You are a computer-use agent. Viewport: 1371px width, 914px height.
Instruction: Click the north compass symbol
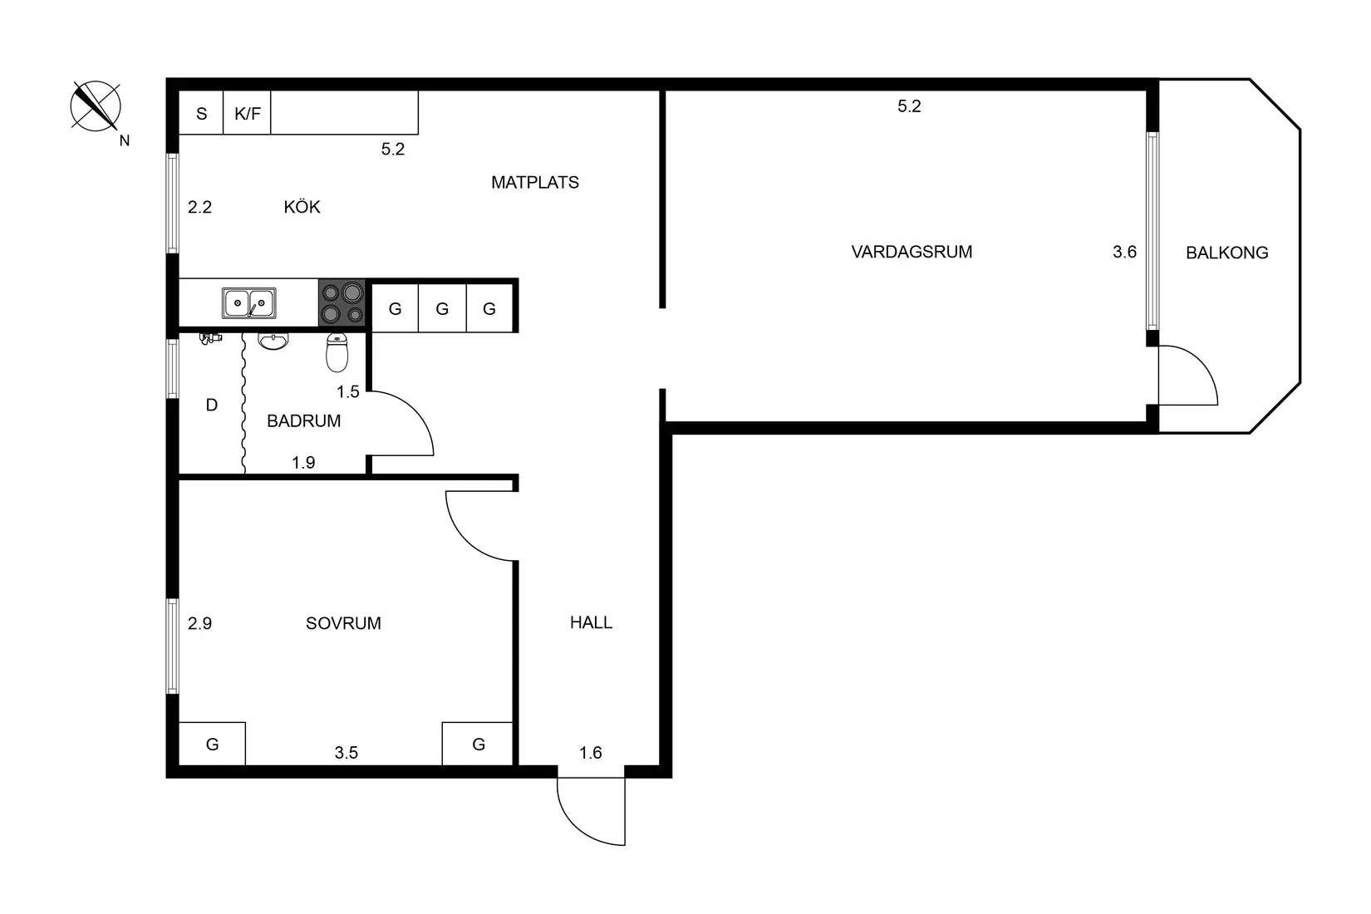pos(96,106)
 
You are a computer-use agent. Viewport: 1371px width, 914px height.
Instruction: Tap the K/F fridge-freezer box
pos(247,114)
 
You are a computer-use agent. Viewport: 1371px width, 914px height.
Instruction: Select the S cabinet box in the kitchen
pos(201,114)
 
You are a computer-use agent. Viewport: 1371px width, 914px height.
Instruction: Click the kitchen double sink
pos(249,303)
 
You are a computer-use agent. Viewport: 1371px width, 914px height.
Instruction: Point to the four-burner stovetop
pos(342,303)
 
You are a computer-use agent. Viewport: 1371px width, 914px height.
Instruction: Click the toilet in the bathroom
pos(337,353)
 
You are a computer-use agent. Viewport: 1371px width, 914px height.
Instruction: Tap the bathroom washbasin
pos(273,341)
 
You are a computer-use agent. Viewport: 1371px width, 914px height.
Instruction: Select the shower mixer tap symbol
pos(211,337)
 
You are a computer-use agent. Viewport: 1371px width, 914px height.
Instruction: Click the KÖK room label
pos(302,207)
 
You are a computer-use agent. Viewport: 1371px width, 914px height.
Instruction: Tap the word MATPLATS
pos(534,183)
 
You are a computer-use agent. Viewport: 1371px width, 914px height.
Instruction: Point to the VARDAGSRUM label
pos(912,252)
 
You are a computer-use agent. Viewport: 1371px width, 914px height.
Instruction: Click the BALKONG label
pos(1226,253)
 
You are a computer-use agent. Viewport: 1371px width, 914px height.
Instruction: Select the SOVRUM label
pos(343,623)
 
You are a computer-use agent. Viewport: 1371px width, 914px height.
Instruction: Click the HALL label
pos(591,622)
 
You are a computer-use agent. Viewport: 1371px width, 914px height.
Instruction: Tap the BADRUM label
pos(303,421)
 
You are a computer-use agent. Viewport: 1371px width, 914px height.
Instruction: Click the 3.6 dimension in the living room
pos(1124,252)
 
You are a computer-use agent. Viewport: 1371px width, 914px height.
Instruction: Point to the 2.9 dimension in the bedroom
pos(199,623)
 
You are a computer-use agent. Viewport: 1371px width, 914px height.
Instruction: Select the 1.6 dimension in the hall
pos(590,753)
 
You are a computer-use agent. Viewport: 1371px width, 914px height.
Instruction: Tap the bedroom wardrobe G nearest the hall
pos(478,744)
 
